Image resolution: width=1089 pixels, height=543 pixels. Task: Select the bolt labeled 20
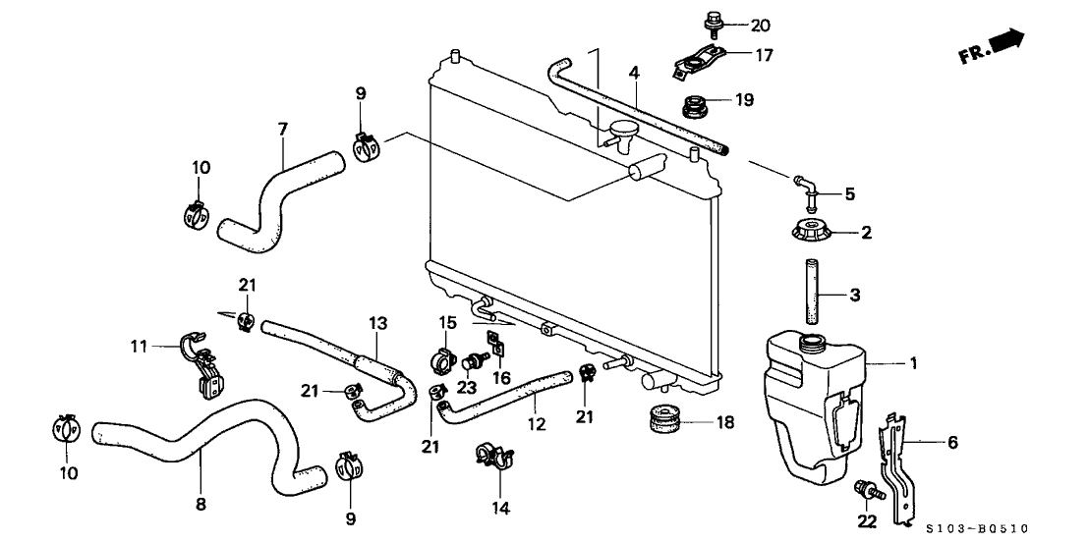point(711,20)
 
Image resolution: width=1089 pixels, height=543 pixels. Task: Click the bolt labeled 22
point(866,488)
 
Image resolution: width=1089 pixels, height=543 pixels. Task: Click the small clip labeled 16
point(497,345)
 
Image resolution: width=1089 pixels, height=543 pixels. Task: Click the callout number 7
point(282,130)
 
